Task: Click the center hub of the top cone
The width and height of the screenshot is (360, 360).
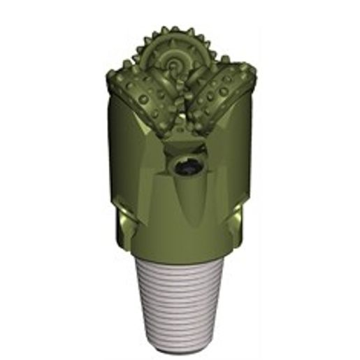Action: pyautogui.click(x=172, y=66)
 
